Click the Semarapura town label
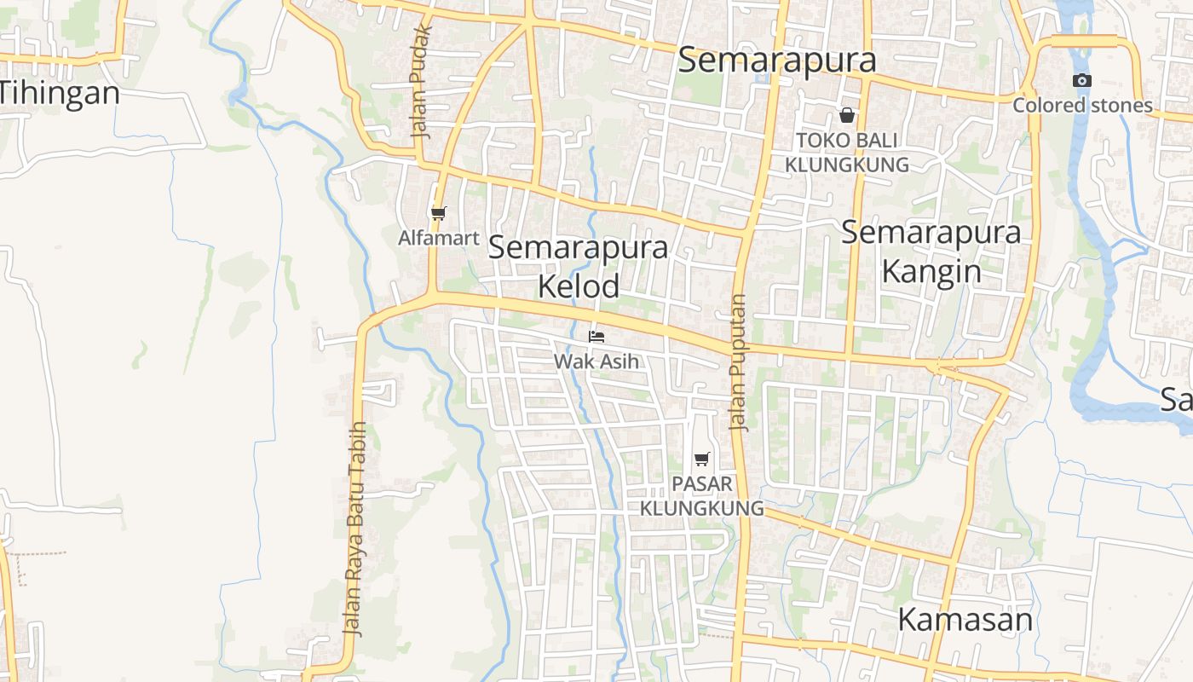[777, 60]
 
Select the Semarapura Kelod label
[579, 267]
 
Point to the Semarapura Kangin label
[931, 251]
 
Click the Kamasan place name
[965, 620]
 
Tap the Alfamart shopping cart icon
[438, 213]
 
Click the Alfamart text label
[439, 238]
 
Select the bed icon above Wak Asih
[596, 336]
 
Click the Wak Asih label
[596, 361]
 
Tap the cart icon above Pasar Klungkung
[701, 459]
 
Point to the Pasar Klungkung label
[701, 496]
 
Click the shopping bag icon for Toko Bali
[847, 114]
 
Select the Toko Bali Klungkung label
[847, 152]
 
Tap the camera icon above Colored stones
[1081, 80]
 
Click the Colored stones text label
[1082, 106]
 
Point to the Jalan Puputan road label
[738, 363]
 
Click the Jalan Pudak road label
[422, 82]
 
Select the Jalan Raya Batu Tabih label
[355, 529]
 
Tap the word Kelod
[579, 286]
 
